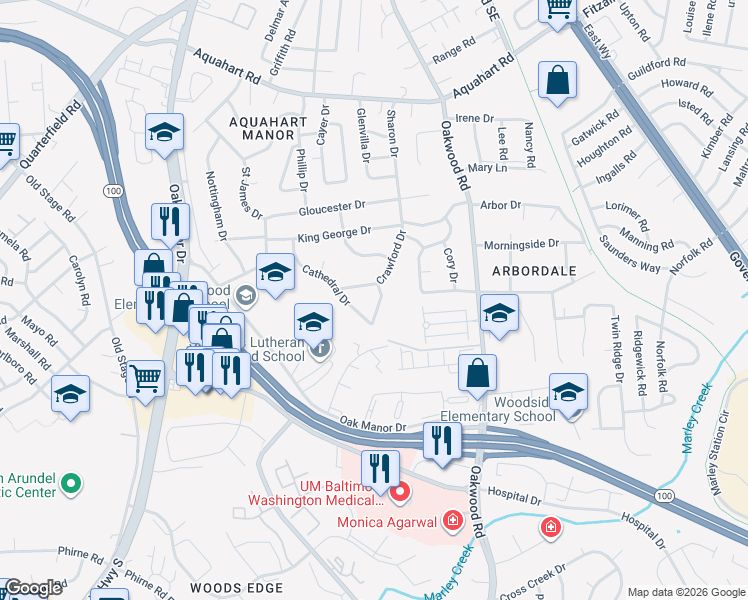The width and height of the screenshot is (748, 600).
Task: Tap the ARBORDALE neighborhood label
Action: click(x=535, y=271)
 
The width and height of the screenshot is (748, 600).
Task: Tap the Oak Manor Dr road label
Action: click(x=372, y=426)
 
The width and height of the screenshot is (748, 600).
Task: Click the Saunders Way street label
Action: click(x=630, y=253)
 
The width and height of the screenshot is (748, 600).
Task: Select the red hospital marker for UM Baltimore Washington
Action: click(x=401, y=491)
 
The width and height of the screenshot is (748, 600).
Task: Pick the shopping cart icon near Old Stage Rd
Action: click(x=146, y=378)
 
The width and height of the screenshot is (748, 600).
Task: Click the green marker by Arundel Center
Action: click(x=70, y=485)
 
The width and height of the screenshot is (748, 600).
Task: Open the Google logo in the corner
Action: click(x=33, y=588)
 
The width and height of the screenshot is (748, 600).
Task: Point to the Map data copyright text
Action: click(x=685, y=592)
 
